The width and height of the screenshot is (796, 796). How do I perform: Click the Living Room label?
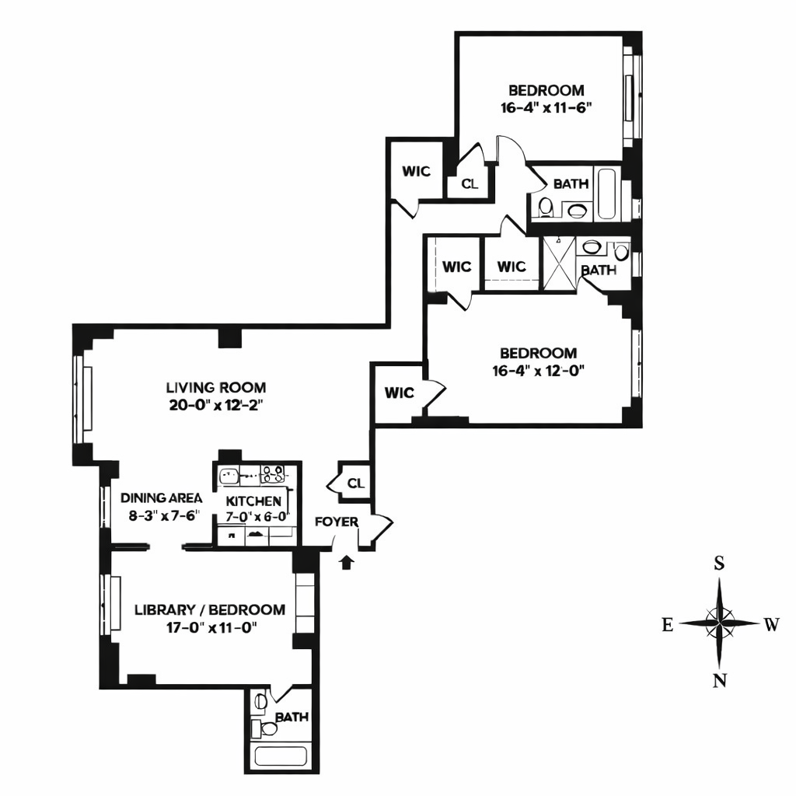click(x=215, y=387)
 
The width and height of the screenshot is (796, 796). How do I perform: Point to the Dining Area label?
click(x=162, y=498)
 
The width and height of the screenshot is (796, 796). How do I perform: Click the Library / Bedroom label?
click(x=209, y=609)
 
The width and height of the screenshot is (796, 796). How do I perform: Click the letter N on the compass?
click(x=720, y=682)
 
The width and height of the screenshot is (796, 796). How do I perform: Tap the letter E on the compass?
click(x=667, y=624)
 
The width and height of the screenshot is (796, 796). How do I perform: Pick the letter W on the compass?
click(x=770, y=624)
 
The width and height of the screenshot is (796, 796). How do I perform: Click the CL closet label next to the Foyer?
click(x=355, y=484)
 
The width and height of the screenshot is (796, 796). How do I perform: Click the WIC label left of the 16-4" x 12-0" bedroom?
click(x=400, y=393)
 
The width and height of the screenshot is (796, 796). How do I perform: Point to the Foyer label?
click(x=336, y=522)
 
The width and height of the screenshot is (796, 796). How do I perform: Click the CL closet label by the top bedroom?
click(x=469, y=184)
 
